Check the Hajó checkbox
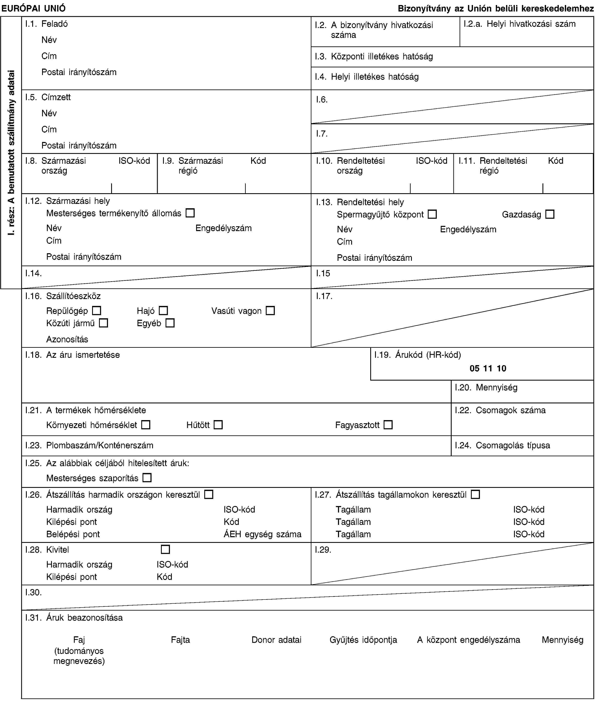[164, 310]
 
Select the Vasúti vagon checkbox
[270, 310]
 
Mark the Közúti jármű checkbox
[104, 323]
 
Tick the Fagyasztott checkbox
[388, 425]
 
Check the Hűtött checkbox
[218, 425]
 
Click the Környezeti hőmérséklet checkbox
[146, 425]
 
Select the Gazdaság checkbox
[550, 214]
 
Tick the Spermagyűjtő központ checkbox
[432, 214]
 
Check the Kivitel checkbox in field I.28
[165, 550]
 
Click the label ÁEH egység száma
[262, 534]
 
